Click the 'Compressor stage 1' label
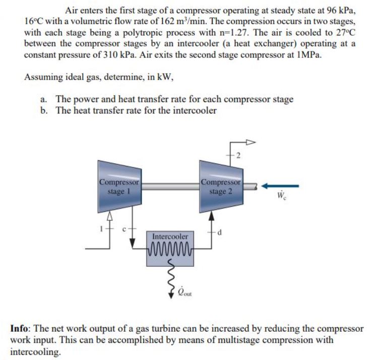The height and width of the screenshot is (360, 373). click(x=119, y=186)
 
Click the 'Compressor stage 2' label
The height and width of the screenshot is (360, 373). click(x=221, y=186)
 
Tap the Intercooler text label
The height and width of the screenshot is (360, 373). click(x=170, y=235)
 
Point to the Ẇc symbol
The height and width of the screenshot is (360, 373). click(x=283, y=195)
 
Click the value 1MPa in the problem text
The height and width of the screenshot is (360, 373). click(x=308, y=54)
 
